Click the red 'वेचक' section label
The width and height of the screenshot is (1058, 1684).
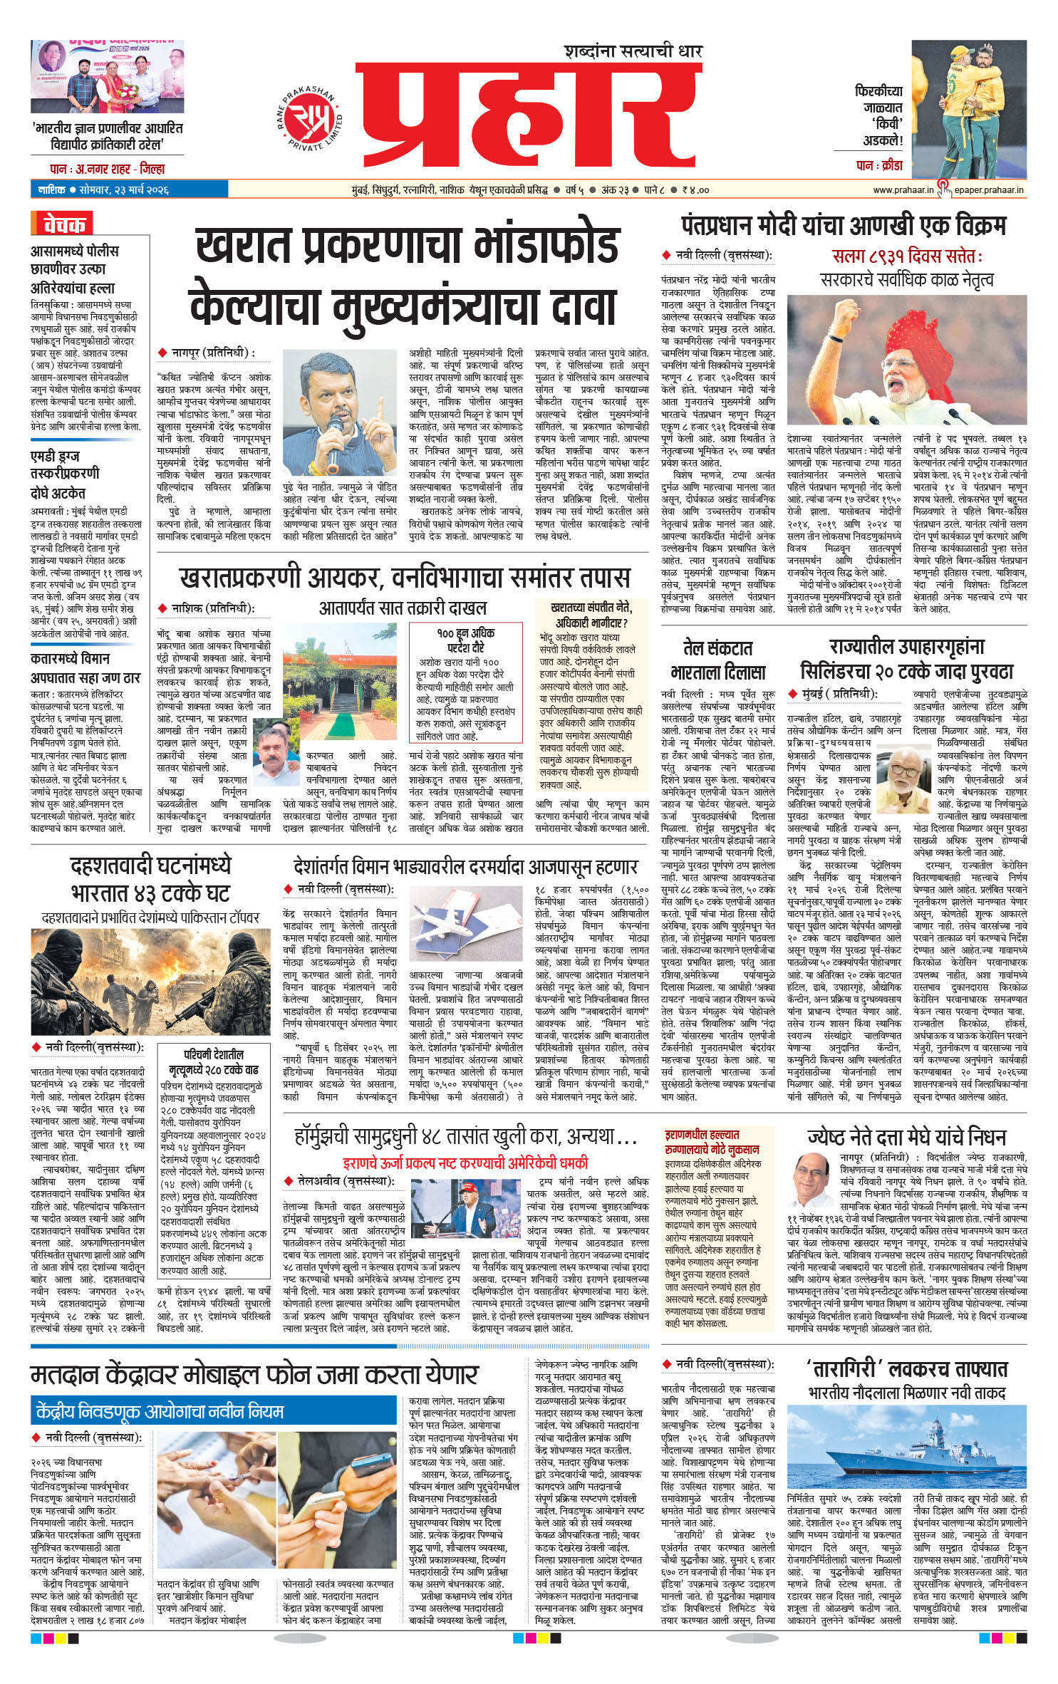click(63, 224)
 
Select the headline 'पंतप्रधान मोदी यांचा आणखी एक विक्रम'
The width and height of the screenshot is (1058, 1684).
click(844, 226)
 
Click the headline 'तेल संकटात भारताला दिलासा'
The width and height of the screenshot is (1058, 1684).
click(717, 660)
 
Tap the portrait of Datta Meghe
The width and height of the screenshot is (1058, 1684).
click(811, 1177)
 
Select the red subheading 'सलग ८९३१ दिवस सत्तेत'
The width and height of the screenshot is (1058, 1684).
click(906, 256)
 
